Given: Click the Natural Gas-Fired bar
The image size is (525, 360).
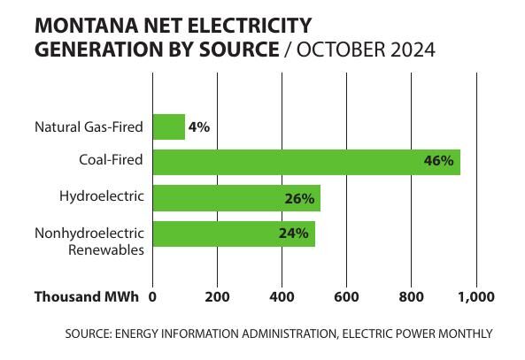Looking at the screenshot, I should click(169, 126).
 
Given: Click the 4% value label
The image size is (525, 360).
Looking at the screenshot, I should click(199, 126).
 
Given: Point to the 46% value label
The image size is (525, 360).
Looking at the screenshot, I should click(438, 161).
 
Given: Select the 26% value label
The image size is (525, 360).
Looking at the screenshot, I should click(299, 198).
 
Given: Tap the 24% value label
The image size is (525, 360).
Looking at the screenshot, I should click(294, 234).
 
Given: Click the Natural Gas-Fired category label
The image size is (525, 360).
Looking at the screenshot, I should click(89, 126).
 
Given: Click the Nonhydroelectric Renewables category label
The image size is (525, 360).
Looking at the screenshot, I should click(89, 241).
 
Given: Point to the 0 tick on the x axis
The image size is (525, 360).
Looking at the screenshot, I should click(153, 297).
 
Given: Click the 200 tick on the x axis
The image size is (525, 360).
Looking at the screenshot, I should click(218, 297).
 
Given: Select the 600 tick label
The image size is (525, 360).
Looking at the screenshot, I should click(346, 297).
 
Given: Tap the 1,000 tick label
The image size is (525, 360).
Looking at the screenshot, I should click(476, 297).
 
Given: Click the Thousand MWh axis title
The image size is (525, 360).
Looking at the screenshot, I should click(86, 297).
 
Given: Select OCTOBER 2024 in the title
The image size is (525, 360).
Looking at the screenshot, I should click(365, 50).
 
